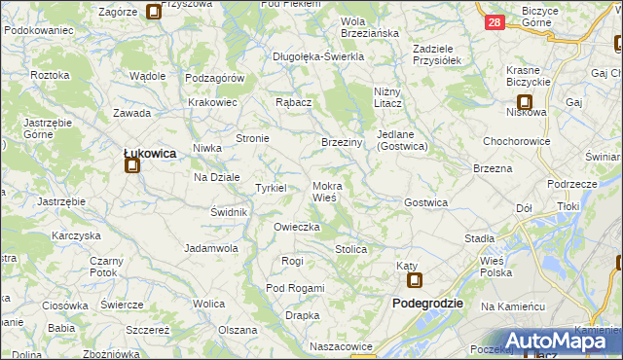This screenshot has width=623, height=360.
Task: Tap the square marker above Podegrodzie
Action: click(415, 282)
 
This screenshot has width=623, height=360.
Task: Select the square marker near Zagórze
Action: click(153, 13)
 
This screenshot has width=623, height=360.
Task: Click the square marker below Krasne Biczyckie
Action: click(525, 100)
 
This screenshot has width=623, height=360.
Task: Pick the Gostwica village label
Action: click(425, 202)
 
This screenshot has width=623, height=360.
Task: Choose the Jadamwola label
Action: click(211, 248)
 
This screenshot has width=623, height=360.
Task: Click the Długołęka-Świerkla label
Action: click(317, 56)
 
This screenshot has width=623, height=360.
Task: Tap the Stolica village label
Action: click(350, 249)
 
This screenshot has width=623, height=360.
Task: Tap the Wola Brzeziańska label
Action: click(370, 26)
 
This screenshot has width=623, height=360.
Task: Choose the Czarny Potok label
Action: click(106, 267)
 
